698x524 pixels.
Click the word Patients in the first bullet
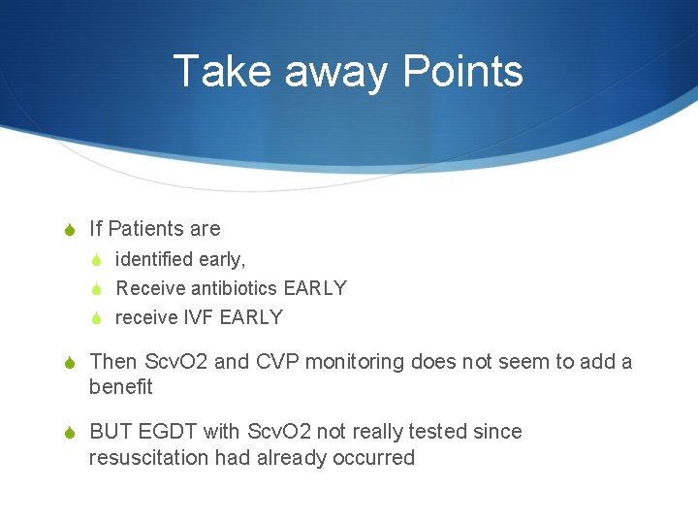pos(150,229)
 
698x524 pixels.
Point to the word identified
pos(154,259)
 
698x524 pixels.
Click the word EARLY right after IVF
pos(251,317)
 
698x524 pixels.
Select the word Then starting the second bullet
pos(113,362)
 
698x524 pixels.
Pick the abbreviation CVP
pos(276,362)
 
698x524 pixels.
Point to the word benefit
pos(120,387)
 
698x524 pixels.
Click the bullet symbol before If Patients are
pos(68,230)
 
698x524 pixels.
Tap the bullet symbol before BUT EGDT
pos(68,433)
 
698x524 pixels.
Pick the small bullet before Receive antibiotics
pos(96,289)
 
